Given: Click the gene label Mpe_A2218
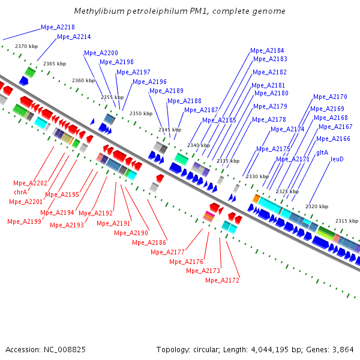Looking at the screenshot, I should click(58, 27).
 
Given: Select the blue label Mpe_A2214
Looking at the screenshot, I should click(74, 37).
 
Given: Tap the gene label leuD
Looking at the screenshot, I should click(337, 159).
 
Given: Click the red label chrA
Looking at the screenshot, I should click(20, 192).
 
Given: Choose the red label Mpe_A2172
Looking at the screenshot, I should click(222, 280).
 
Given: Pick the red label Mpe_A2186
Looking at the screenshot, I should click(149, 242).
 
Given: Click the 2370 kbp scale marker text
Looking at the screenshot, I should click(26, 46).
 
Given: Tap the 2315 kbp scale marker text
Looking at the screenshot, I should click(346, 221).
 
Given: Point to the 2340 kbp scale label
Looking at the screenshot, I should click(198, 145).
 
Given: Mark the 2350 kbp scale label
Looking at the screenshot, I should click(141, 113).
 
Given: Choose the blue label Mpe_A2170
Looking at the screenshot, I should click(330, 97).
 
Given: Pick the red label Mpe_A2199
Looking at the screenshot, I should click(24, 221).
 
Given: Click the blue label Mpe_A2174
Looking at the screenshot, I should click(287, 129).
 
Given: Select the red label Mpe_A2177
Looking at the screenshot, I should click(167, 252).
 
